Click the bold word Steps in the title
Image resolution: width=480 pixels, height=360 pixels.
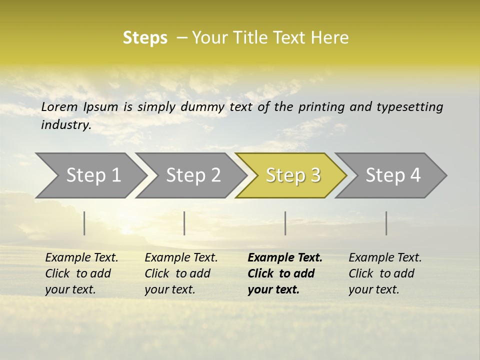click(x=145, y=38)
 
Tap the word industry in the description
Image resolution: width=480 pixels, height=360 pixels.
click(x=65, y=125)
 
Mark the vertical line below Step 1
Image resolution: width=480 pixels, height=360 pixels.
click(x=84, y=223)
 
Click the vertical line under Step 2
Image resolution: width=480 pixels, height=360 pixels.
click(x=184, y=223)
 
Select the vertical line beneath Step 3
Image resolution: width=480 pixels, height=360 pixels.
click(x=285, y=223)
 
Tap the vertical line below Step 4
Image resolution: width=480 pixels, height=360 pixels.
click(x=386, y=223)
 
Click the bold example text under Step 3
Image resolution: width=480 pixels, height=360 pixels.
click(x=284, y=273)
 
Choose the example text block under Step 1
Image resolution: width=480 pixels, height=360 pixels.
click(x=81, y=273)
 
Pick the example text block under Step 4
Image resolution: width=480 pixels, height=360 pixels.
click(x=384, y=273)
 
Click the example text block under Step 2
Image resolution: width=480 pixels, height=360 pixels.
click(x=181, y=273)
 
